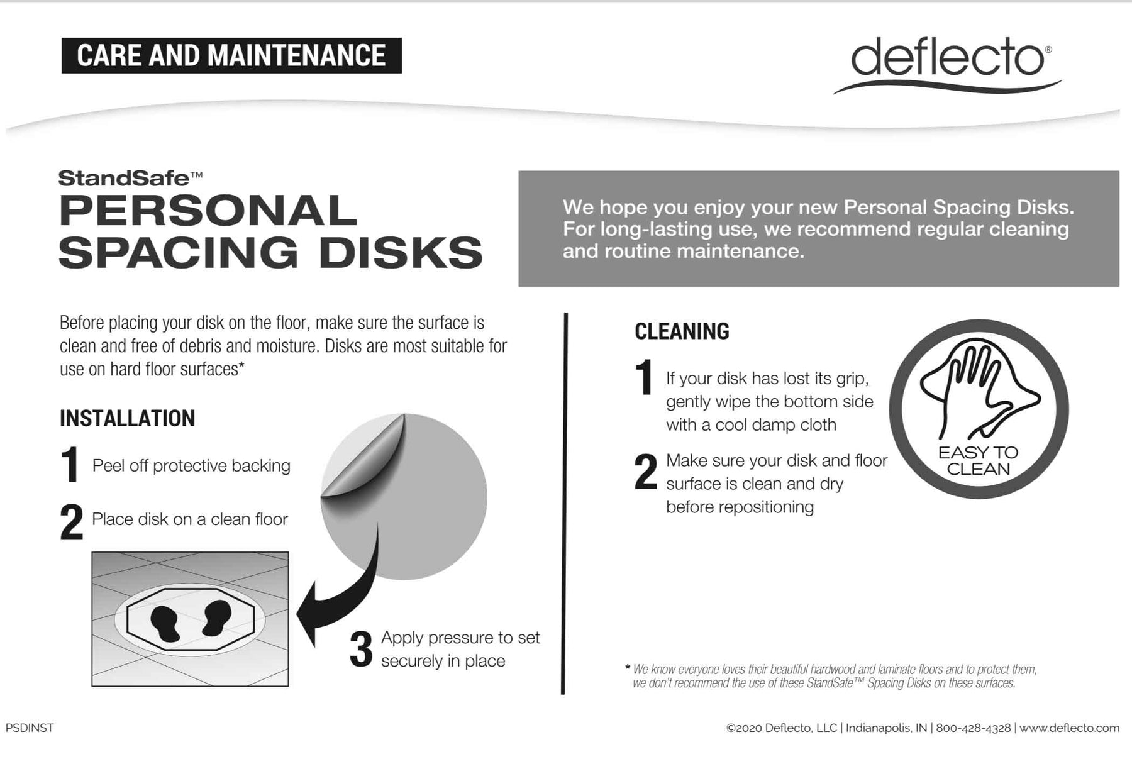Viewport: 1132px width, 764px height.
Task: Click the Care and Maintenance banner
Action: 231,55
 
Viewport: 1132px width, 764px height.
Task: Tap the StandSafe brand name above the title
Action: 130,179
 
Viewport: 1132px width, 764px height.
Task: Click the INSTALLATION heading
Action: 127,418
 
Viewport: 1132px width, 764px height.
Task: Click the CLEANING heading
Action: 682,331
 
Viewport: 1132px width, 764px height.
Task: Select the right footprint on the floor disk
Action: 216,616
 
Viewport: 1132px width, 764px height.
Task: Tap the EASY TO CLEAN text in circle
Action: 978,461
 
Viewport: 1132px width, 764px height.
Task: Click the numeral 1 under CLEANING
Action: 644,377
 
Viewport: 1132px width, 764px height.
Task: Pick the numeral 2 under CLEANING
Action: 646,472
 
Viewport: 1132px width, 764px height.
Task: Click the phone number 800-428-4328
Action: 974,728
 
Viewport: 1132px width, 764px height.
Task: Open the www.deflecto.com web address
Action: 1069,728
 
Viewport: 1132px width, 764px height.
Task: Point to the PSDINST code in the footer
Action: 30,728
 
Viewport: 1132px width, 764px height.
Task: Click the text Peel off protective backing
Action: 191,466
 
